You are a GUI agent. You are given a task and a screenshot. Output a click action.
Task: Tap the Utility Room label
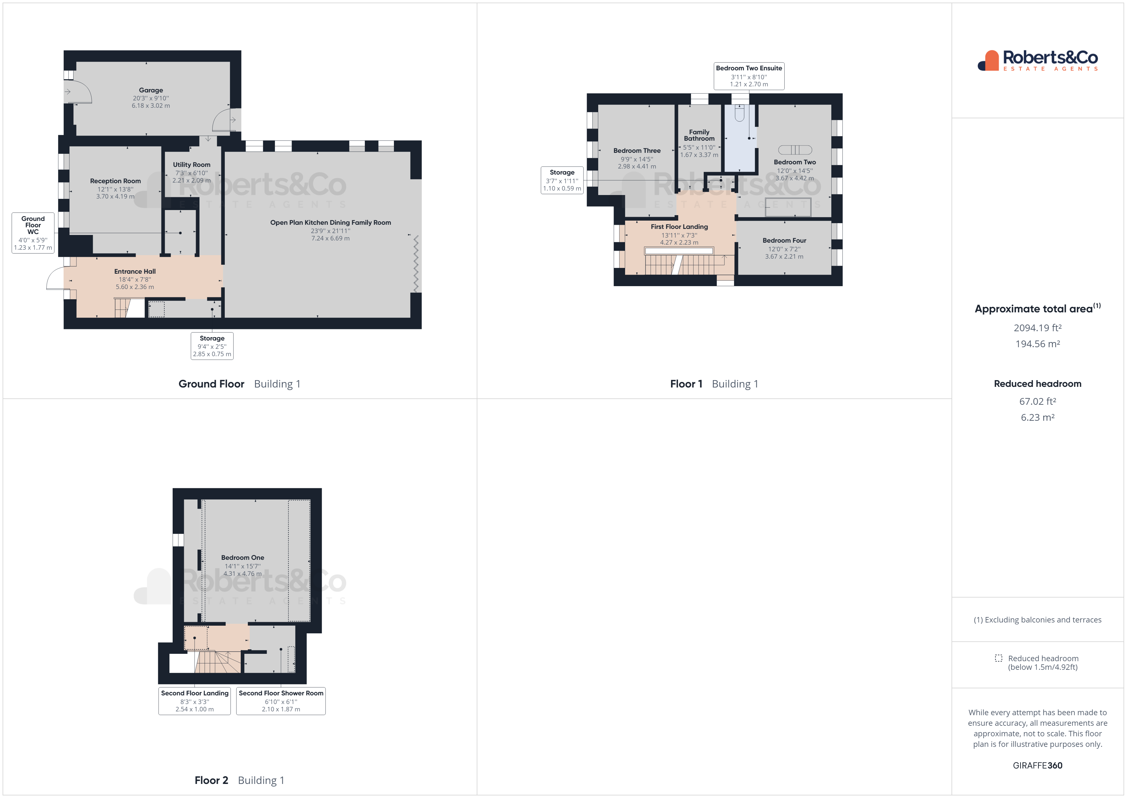192,165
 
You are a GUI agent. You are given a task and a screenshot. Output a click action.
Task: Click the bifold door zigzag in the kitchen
416,264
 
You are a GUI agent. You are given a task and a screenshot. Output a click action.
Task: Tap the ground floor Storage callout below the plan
212,346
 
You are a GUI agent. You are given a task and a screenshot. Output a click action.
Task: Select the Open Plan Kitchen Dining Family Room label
330,223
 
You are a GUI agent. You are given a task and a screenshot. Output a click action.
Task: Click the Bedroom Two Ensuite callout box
749,76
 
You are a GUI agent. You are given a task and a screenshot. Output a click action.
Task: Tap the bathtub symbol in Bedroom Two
795,150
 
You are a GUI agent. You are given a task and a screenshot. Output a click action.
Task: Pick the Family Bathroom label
699,135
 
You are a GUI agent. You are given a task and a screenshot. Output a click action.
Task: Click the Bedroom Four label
784,241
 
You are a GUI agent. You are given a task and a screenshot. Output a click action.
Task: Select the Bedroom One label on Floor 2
243,558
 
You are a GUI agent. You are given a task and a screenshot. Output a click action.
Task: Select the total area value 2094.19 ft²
1037,328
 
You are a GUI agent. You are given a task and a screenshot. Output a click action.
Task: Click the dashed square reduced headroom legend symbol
998,658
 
